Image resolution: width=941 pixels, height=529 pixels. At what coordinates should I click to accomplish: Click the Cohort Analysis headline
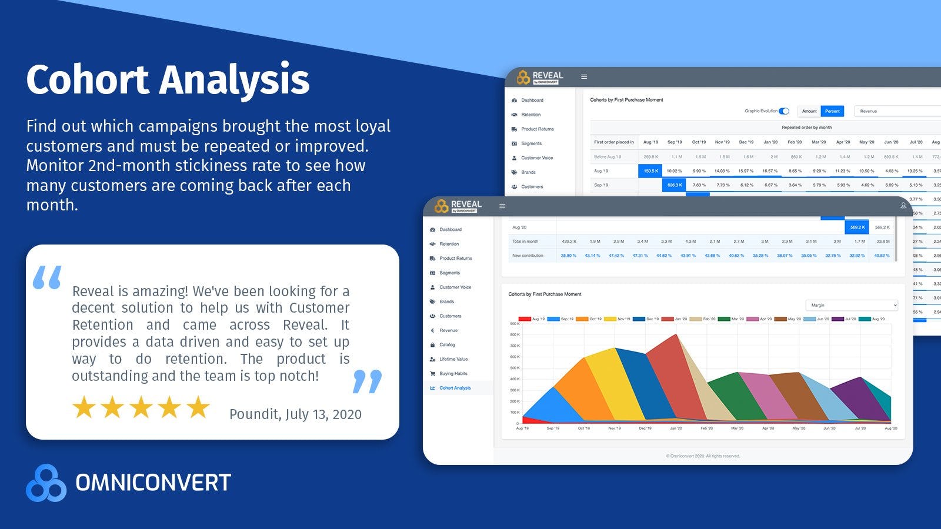click(x=168, y=80)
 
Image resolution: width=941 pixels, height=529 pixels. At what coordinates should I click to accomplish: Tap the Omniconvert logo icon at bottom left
click(x=46, y=483)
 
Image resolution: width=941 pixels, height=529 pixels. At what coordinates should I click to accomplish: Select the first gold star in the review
click(x=84, y=407)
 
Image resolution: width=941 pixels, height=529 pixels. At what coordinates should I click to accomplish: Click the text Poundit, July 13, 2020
click(x=295, y=414)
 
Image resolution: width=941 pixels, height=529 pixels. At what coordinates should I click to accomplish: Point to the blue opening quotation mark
click(x=47, y=277)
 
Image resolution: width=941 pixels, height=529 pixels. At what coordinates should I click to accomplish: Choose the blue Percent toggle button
click(x=832, y=111)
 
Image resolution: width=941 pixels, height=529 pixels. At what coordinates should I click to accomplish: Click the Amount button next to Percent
click(x=809, y=111)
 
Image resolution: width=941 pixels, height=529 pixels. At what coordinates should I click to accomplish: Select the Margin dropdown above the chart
click(x=852, y=305)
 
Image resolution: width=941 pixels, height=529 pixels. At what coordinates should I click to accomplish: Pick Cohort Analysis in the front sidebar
click(x=455, y=388)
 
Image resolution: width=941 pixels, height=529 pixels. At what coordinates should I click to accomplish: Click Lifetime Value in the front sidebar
click(x=453, y=359)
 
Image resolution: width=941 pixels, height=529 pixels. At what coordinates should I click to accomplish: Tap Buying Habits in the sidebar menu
click(x=453, y=374)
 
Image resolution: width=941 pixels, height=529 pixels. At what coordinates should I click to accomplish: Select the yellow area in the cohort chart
click(x=612, y=388)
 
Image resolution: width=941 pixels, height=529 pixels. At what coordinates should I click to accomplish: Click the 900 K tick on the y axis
click(x=514, y=324)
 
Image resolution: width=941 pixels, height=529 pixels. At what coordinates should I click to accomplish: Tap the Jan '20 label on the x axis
click(x=676, y=428)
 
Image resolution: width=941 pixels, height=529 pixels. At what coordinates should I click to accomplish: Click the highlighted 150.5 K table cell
click(x=650, y=171)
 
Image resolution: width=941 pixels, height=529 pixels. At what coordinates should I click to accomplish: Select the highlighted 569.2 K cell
click(x=857, y=227)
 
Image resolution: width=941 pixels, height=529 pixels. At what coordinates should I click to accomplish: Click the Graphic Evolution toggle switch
click(x=784, y=111)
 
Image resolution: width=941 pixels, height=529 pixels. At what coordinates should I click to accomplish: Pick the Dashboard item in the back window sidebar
click(x=532, y=101)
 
